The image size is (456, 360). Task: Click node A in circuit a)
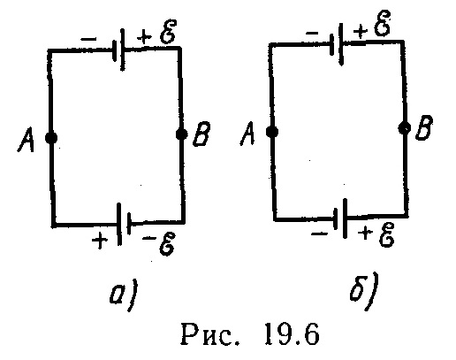tap(51, 138)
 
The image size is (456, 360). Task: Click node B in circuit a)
tap(181, 134)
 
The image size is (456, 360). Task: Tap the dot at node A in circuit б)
tap(272, 132)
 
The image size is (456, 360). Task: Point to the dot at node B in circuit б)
tap(405, 128)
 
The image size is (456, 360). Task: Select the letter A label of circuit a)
tap(26, 140)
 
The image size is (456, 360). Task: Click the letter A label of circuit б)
tap(247, 133)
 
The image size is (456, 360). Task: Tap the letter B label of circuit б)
tap(424, 127)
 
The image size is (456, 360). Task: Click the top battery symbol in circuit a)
tap(118, 50)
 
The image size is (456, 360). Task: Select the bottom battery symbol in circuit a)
tap(124, 224)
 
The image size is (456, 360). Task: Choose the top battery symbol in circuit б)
tap(336, 44)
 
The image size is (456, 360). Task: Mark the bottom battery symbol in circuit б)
tap(340, 218)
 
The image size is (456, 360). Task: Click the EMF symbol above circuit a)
tap(168, 32)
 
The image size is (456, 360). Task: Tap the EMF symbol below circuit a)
tap(167, 243)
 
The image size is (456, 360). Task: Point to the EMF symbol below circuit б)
tap(386, 234)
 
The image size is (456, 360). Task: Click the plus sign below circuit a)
tap(99, 240)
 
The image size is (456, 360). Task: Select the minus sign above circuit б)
tap(312, 33)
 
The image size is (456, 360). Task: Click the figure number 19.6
tap(292, 333)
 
